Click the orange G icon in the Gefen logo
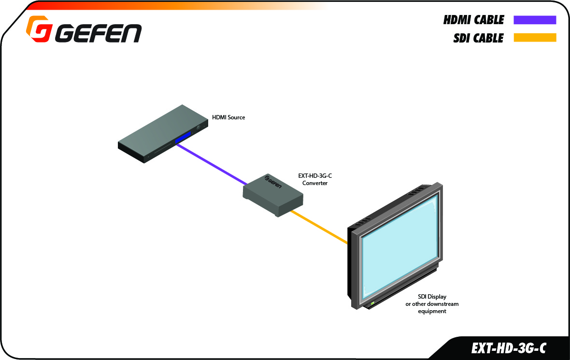[x=38, y=29]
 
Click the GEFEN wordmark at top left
[x=98, y=34]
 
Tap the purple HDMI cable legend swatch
[x=535, y=20]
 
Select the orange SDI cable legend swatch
[x=535, y=38]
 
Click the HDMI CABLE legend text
[x=474, y=20]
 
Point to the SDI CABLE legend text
[x=478, y=38]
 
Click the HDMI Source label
[x=228, y=117]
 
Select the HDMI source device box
[x=163, y=134]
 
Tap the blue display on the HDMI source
[x=183, y=138]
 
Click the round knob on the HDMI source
[x=199, y=128]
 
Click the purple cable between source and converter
[x=212, y=164]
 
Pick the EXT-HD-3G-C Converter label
[x=315, y=179]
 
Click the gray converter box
[x=273, y=195]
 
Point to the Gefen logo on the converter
[x=272, y=182]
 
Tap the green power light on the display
[x=372, y=303]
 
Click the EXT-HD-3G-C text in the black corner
[x=508, y=348]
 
